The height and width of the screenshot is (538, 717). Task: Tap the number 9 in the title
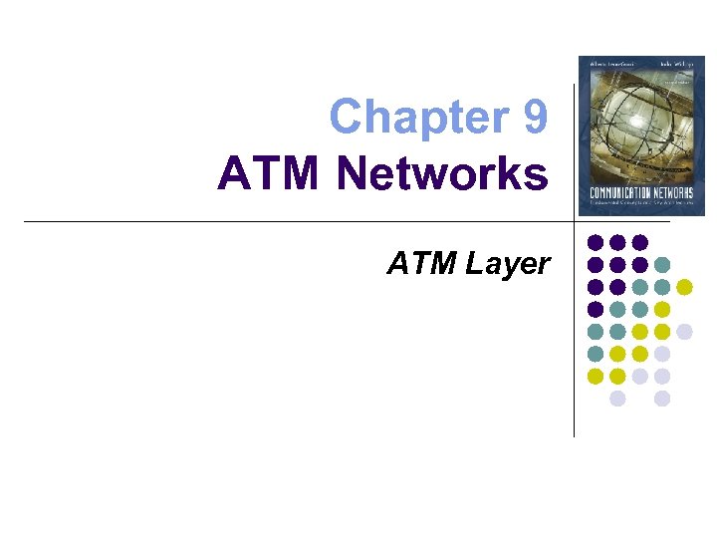[533, 117]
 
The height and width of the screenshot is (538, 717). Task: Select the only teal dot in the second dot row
[662, 265]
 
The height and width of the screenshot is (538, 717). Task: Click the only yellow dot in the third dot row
[684, 287]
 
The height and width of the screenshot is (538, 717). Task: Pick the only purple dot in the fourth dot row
[596, 309]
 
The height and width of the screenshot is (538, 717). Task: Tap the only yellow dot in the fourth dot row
[662, 309]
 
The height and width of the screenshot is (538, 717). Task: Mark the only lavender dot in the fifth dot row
[684, 331]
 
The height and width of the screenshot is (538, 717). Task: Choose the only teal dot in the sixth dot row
[596, 354]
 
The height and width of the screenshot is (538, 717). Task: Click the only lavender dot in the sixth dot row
[662, 354]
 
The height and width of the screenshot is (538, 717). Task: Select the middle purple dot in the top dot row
[617, 242]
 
